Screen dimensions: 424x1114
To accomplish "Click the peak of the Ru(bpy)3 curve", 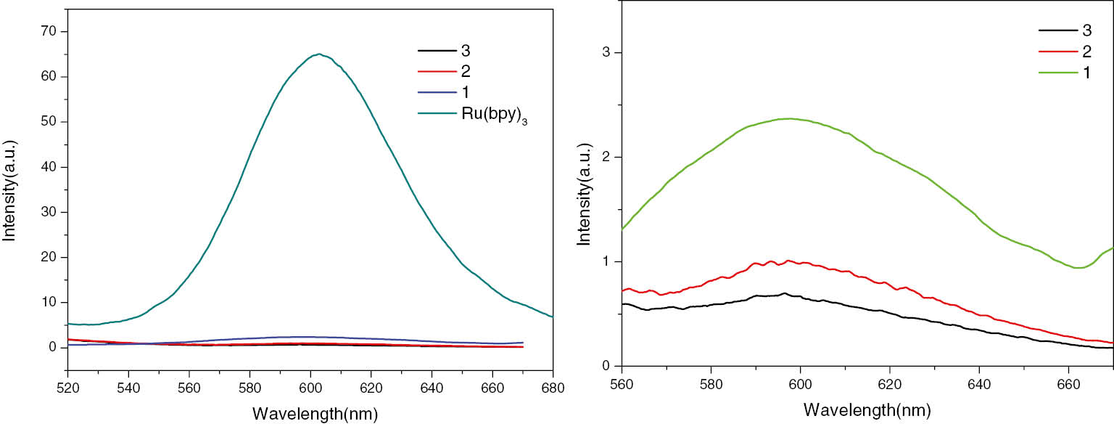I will click(x=319, y=54).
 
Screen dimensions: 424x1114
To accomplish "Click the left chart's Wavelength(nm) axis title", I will click(x=315, y=415).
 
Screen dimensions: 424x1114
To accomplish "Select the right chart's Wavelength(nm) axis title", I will click(x=867, y=410).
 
